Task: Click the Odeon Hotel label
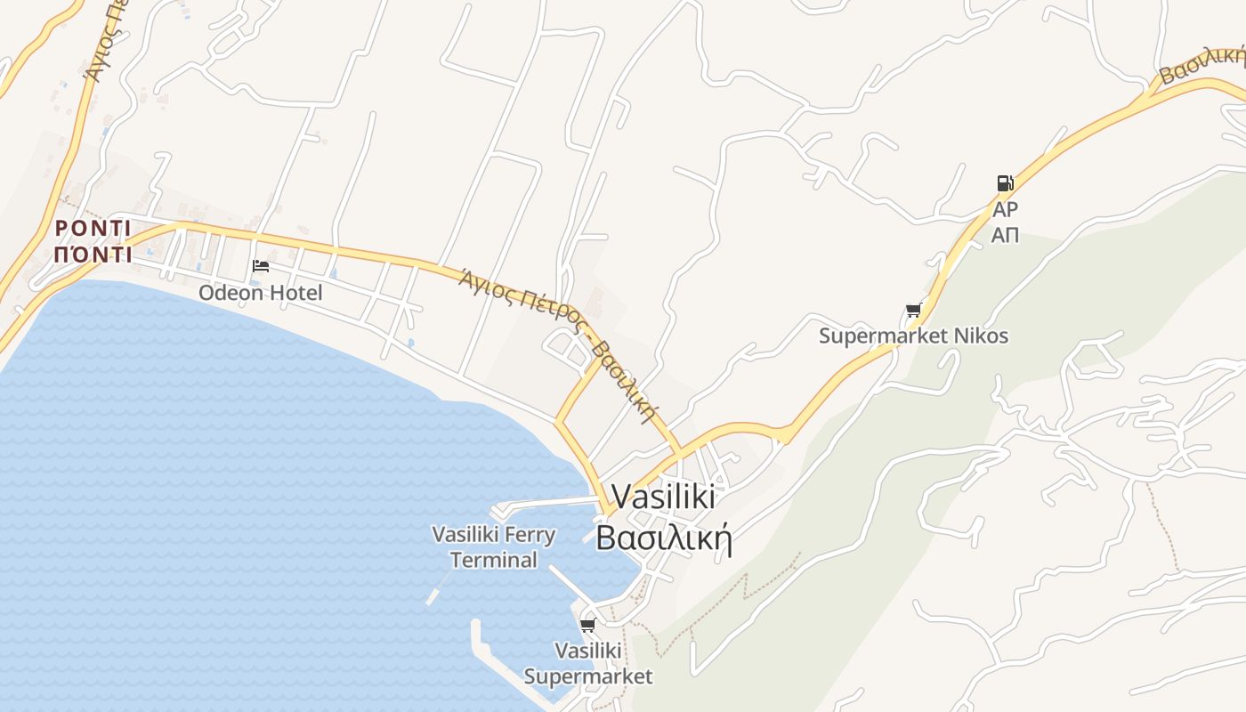click(260, 293)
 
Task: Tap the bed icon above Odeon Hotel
click(261, 266)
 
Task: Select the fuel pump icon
click(1005, 183)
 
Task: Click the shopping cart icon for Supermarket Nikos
click(913, 311)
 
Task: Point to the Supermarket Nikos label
click(913, 336)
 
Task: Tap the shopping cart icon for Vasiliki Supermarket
click(587, 626)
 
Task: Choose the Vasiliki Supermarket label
click(587, 664)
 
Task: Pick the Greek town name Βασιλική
click(663, 538)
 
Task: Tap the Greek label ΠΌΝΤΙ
click(93, 255)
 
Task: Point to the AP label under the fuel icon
click(1006, 210)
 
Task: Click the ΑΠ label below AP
click(1006, 236)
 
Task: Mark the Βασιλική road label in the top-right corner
click(1201, 65)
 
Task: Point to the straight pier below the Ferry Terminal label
click(570, 583)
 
